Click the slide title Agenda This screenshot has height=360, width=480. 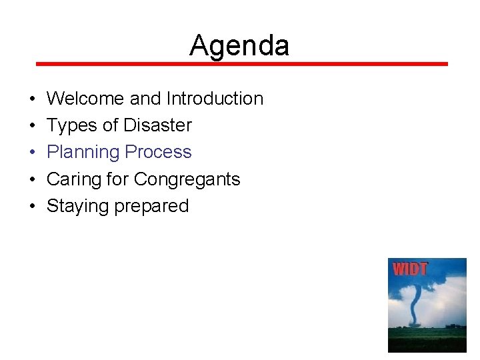pyautogui.click(x=239, y=45)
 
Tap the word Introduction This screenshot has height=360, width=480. pyautogui.click(x=215, y=99)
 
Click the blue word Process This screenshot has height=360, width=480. pyautogui.click(x=158, y=153)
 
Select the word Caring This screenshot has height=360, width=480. pyautogui.click(x=74, y=179)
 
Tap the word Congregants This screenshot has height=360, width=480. pyautogui.click(x=187, y=180)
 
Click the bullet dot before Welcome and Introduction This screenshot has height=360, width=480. pyautogui.click(x=32, y=99)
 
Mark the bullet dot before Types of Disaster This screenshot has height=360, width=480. pyautogui.click(x=32, y=126)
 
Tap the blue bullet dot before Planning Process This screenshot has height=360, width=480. pyautogui.click(x=32, y=153)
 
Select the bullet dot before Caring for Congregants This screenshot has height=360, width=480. pyautogui.click(x=32, y=180)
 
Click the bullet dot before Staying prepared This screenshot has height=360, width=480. pyautogui.click(x=32, y=207)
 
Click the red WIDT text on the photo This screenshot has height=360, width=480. pyautogui.click(x=410, y=269)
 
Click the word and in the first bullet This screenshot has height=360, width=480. pyautogui.click(x=145, y=99)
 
